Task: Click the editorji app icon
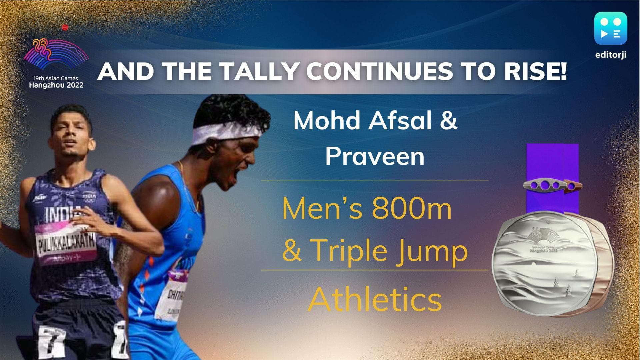611,28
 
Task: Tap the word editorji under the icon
611,55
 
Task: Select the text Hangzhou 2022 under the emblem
56,85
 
